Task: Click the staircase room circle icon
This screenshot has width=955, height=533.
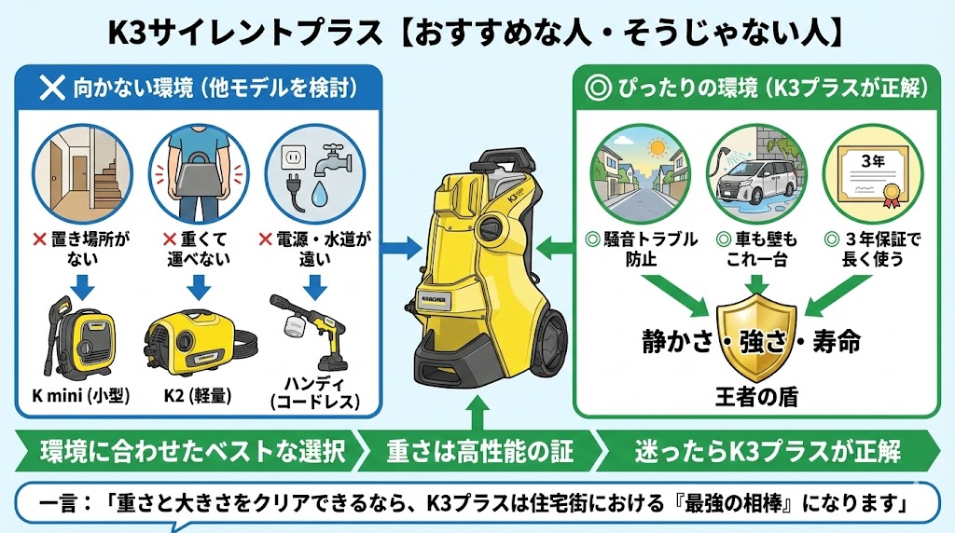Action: (x=72, y=169)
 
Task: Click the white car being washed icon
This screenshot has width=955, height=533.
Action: (x=752, y=173)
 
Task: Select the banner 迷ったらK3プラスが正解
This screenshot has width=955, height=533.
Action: (x=767, y=453)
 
